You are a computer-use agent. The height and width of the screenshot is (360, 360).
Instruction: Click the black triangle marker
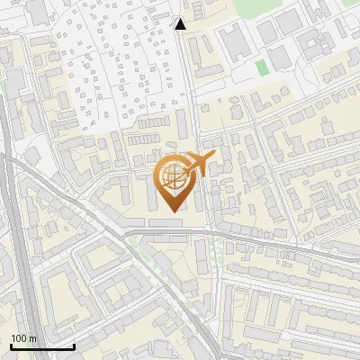click(181, 24)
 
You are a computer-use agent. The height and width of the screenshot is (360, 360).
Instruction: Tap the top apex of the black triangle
click(181, 19)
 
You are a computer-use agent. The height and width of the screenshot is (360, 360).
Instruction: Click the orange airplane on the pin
click(198, 165)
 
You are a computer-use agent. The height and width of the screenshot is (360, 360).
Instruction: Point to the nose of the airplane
click(214, 157)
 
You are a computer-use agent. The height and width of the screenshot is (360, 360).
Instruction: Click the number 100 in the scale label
click(19, 338)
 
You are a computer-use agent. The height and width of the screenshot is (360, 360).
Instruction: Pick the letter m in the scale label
click(33, 338)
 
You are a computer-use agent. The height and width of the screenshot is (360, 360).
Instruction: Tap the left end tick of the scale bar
click(11, 346)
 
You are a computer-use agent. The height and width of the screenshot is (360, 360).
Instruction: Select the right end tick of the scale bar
click(74, 346)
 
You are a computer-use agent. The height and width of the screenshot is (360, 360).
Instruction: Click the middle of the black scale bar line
click(42, 347)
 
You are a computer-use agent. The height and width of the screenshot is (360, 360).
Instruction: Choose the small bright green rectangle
click(261, 67)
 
